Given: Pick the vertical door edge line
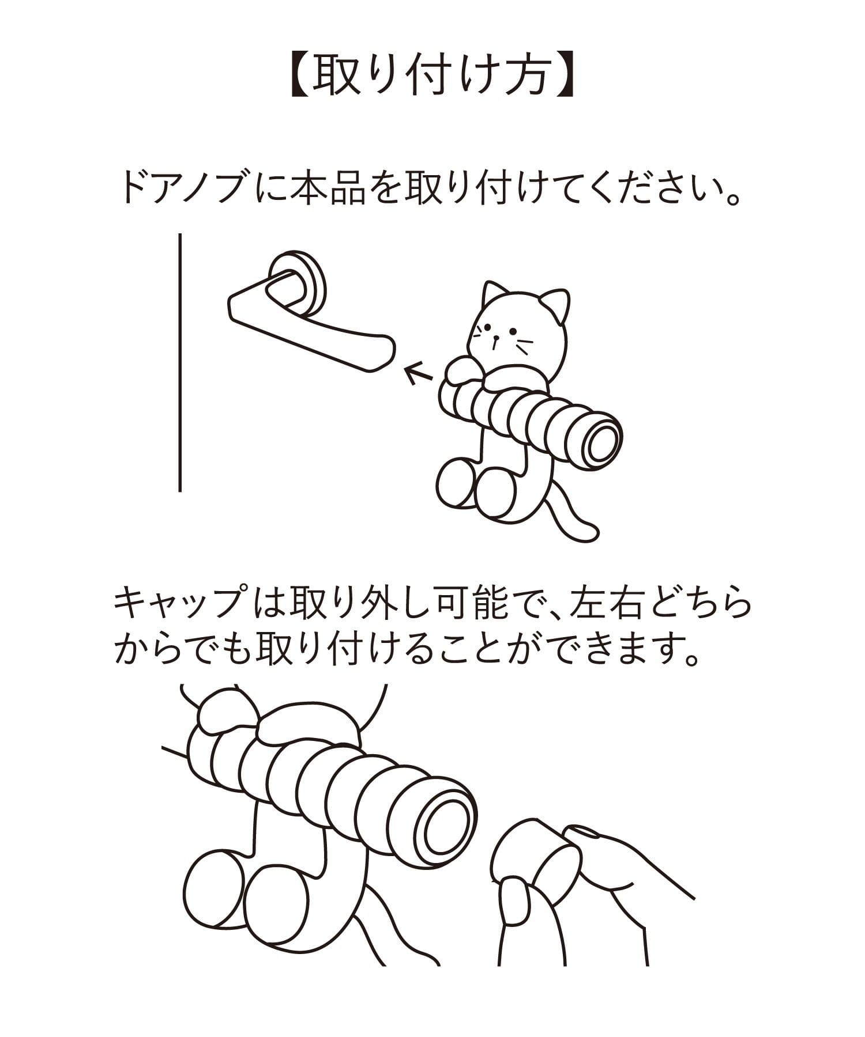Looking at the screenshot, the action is click(180, 362).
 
